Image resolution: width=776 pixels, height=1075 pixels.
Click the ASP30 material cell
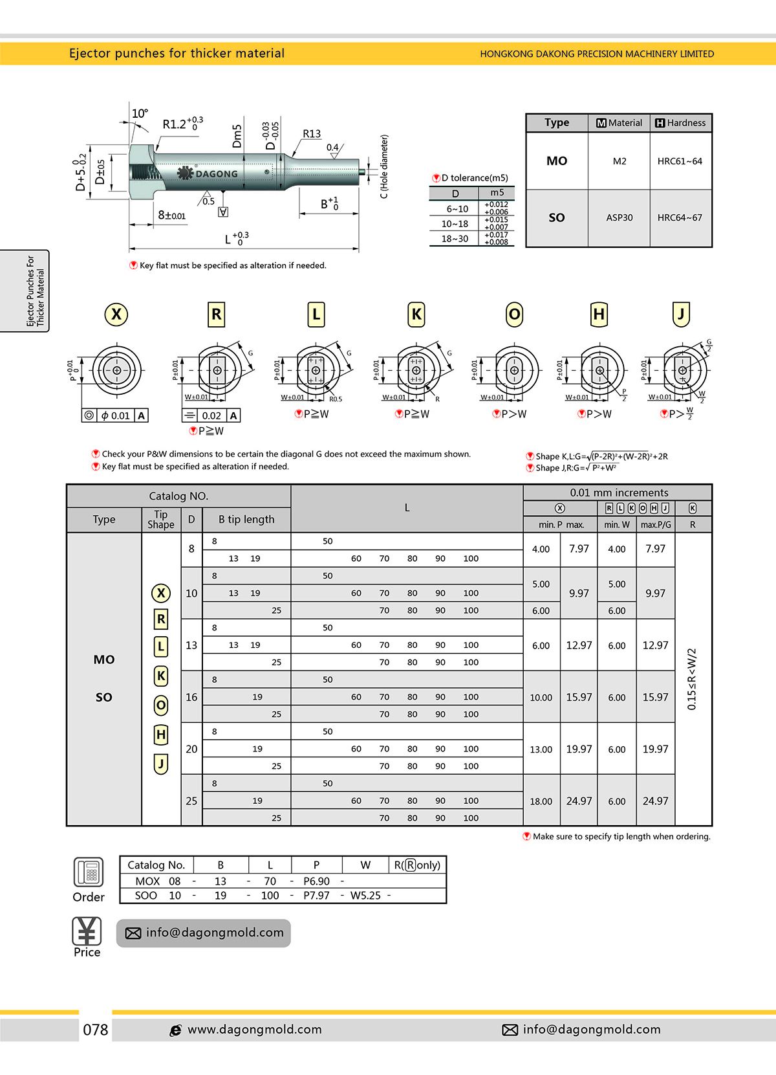point(619,218)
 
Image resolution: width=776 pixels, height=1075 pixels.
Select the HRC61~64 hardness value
point(680,161)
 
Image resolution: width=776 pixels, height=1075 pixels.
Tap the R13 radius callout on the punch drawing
point(312,134)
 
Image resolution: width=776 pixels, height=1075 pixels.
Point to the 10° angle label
point(140,113)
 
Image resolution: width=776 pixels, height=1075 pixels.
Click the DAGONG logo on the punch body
point(208,173)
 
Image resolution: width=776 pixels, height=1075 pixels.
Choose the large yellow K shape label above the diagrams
point(416,315)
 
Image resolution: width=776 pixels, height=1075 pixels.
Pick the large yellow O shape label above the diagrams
point(514,315)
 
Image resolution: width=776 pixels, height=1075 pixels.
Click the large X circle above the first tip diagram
point(116,315)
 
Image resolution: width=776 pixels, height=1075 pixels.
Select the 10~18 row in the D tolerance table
point(455,224)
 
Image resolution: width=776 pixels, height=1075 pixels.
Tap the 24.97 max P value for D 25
point(579,801)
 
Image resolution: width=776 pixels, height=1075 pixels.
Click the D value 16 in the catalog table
point(191,697)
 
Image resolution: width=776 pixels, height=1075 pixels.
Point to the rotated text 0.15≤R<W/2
point(692,679)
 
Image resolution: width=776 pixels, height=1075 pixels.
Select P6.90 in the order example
point(316,881)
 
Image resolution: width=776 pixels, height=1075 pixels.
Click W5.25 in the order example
point(365,896)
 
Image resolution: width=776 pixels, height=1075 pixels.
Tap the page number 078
point(96,1030)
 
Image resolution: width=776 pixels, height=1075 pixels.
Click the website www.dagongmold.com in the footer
point(254,1030)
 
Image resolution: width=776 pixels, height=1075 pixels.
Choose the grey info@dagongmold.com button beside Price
point(204,933)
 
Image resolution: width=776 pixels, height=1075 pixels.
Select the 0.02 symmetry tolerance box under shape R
point(211,416)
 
